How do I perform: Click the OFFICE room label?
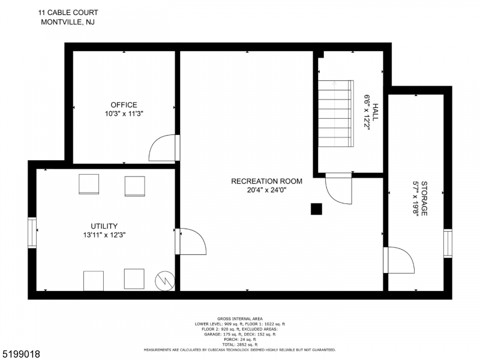124,105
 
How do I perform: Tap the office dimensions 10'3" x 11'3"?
124,113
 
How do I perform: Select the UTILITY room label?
105,226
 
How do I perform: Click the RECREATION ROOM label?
267,181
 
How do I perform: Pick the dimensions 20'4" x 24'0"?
267,190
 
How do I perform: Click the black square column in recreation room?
316,209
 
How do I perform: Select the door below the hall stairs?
338,191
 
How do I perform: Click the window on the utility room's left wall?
32,233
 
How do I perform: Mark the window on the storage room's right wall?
448,243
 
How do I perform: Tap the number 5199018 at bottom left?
21,354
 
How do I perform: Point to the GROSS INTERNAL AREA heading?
239,319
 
